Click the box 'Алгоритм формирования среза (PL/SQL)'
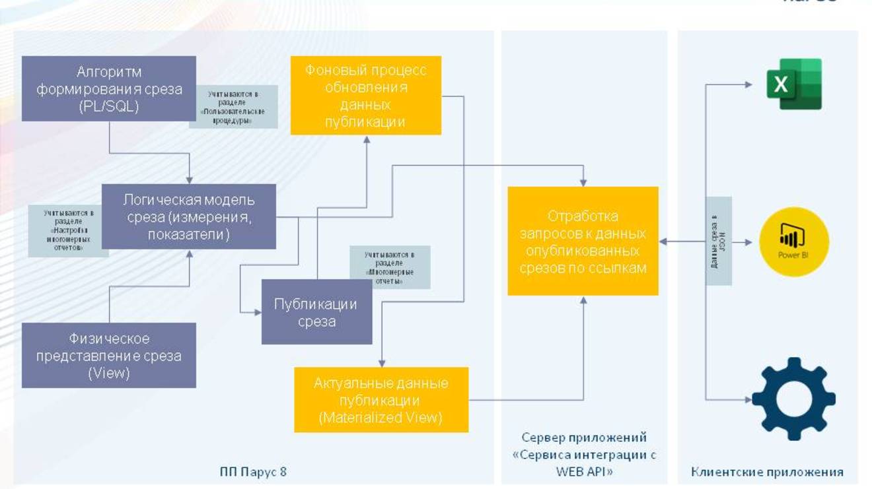click(x=109, y=88)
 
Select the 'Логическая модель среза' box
click(x=189, y=216)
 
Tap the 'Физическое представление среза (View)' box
click(x=109, y=355)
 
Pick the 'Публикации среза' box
click(x=316, y=312)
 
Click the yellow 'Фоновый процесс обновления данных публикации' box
click(x=366, y=96)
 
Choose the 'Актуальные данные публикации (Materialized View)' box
click(x=381, y=400)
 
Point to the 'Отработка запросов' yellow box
click(x=583, y=242)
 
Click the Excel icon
click(x=793, y=84)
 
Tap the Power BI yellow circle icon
click(x=793, y=242)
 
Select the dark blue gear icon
click(x=793, y=399)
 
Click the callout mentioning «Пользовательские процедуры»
click(x=233, y=107)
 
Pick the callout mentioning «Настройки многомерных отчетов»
click(x=68, y=230)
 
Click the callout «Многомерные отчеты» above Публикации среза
click(x=390, y=267)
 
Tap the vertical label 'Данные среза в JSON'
click(x=719, y=242)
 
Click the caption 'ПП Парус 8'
click(x=253, y=472)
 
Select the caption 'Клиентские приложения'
click(x=767, y=472)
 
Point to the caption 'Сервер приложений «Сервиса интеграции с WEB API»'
click(x=584, y=454)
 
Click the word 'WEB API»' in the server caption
click(x=584, y=472)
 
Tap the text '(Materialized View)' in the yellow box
click(x=381, y=417)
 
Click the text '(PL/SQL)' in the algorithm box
click(x=109, y=106)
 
